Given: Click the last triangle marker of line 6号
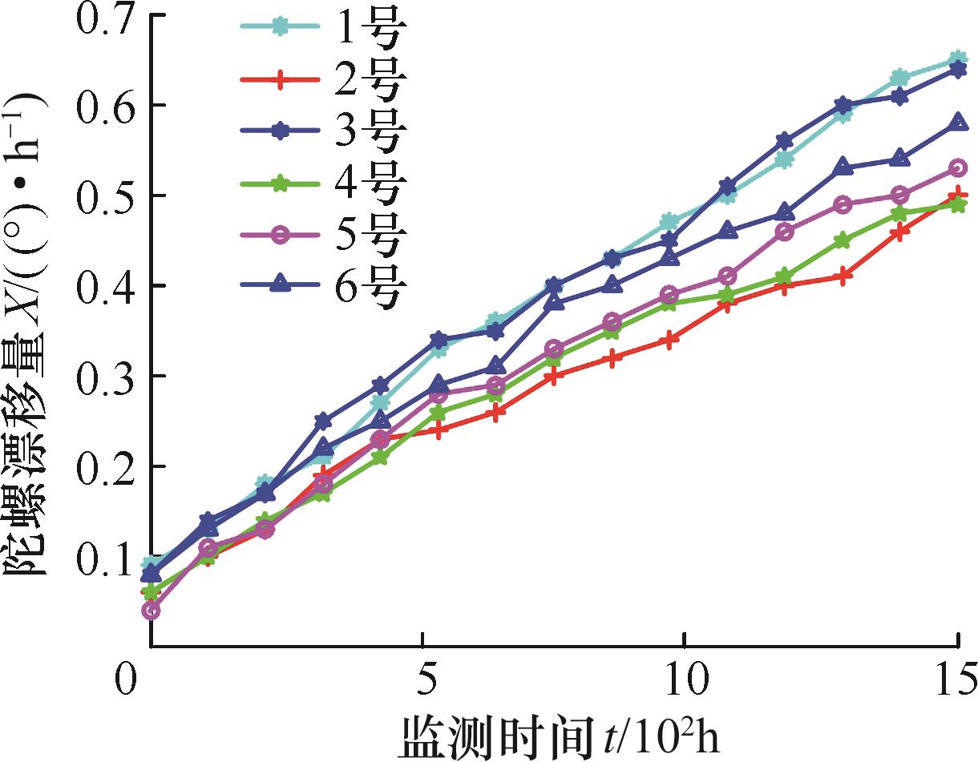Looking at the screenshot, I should pyautogui.click(x=958, y=123).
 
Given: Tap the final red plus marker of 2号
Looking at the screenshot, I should pyautogui.click(x=958, y=196).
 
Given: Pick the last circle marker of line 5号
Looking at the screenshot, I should pyautogui.click(x=958, y=168).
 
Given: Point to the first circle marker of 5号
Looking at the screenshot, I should pyautogui.click(x=151, y=611).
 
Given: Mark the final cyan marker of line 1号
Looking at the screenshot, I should pyautogui.click(x=958, y=59).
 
